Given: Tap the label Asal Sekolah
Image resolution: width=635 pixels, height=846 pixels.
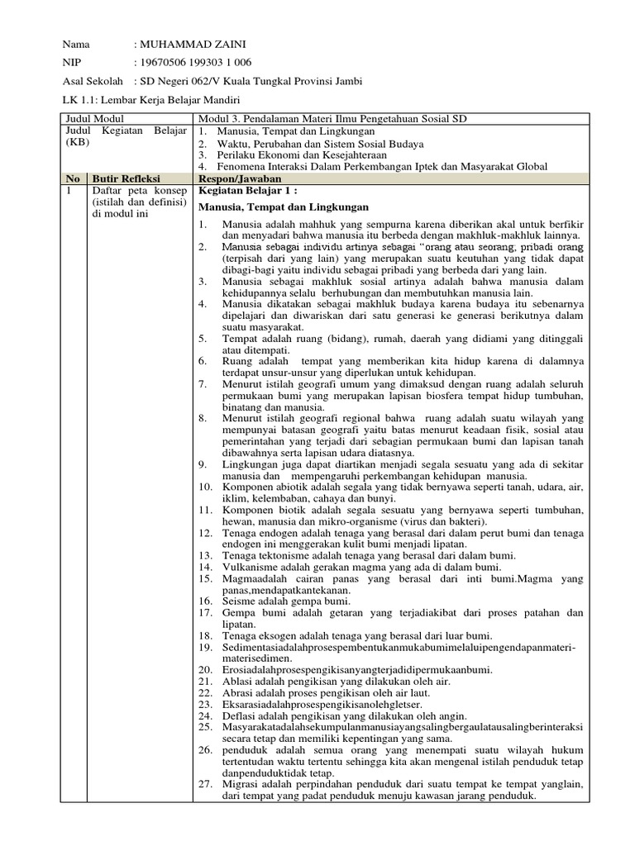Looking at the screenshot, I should pyautogui.click(x=93, y=82).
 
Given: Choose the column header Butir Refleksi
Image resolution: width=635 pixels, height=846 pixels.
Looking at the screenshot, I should pyautogui.click(x=126, y=178).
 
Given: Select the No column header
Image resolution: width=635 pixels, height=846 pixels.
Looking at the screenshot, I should pyautogui.click(x=73, y=178).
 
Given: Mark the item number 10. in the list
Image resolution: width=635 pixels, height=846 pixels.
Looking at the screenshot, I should pyautogui.click(x=205, y=487).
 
